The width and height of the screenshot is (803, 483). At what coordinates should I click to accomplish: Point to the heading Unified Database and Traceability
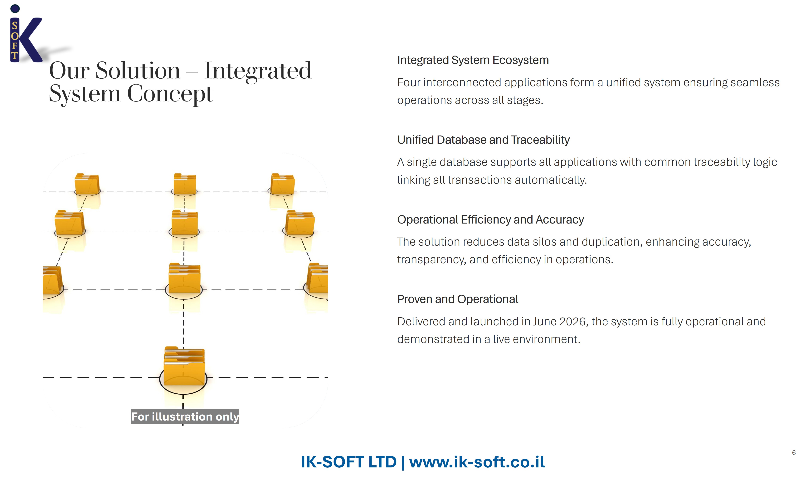[x=483, y=140]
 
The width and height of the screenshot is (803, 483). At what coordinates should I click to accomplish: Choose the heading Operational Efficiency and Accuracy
[x=490, y=220]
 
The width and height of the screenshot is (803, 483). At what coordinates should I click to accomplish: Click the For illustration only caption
[x=185, y=417]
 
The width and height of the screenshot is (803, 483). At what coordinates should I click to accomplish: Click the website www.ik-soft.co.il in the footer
[x=477, y=462]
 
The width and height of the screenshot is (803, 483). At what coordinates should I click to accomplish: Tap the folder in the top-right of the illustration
[x=283, y=184]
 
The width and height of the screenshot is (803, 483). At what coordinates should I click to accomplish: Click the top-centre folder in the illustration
[x=185, y=184]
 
